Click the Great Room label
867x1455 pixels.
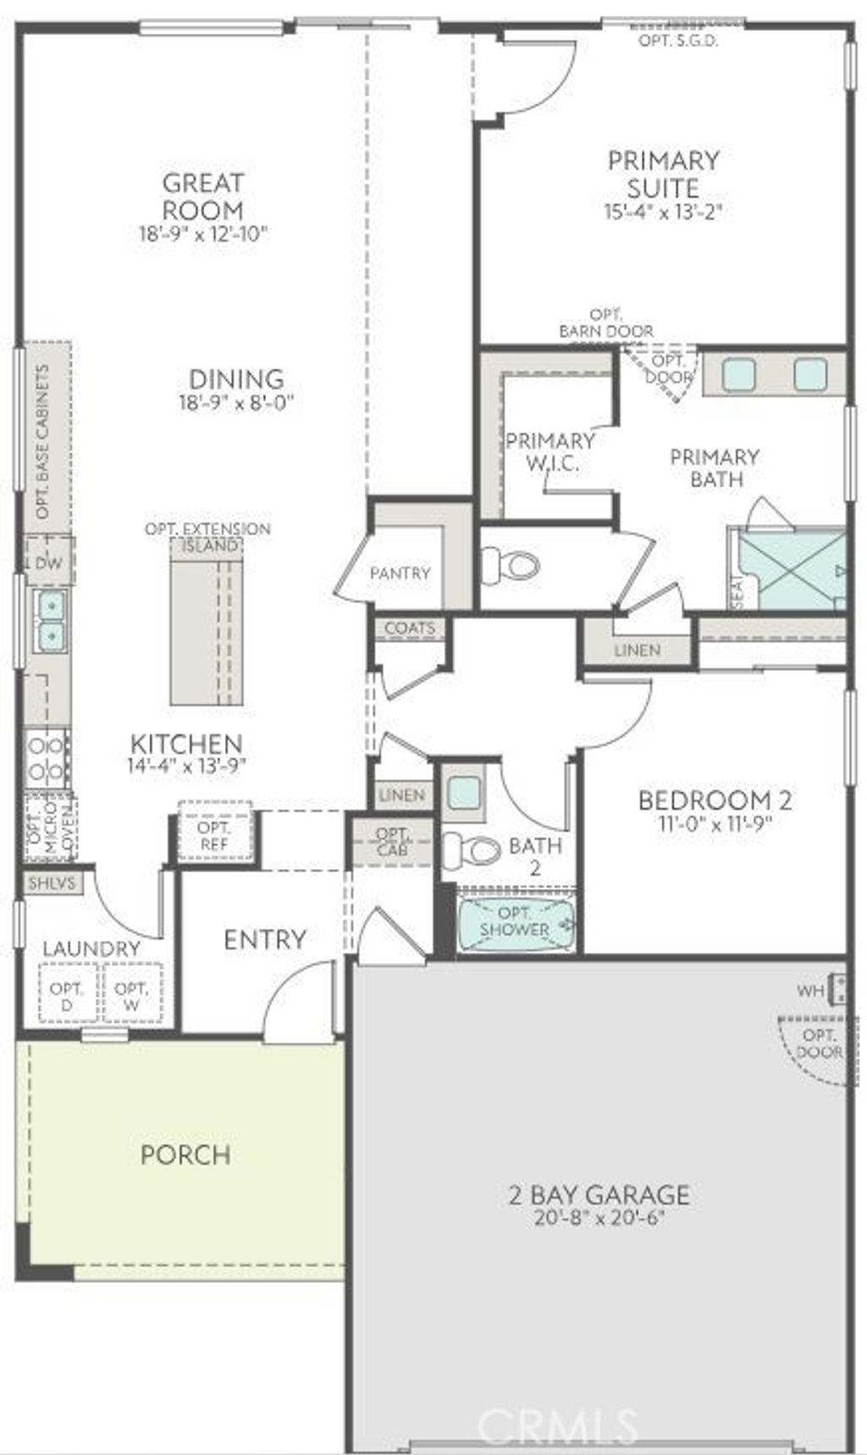(x=202, y=196)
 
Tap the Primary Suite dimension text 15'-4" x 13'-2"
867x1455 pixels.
(x=663, y=212)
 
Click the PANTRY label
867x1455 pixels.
(x=400, y=573)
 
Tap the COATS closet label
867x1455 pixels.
(x=410, y=628)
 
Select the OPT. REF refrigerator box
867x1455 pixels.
(x=214, y=835)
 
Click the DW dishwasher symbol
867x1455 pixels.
(x=49, y=562)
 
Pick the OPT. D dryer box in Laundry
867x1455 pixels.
(x=67, y=996)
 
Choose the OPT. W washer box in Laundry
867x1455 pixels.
(x=131, y=996)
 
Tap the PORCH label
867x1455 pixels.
(x=185, y=1154)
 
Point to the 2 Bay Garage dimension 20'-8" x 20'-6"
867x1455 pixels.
(x=599, y=1219)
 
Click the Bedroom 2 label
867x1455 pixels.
(x=715, y=799)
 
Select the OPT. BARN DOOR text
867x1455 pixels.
(x=605, y=324)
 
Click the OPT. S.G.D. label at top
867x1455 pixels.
(x=678, y=40)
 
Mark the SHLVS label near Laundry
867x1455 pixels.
(x=52, y=882)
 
